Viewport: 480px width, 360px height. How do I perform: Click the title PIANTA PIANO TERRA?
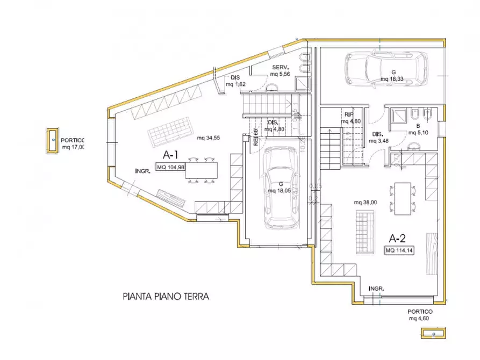[x=165, y=296]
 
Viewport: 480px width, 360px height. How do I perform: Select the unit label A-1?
[x=170, y=155]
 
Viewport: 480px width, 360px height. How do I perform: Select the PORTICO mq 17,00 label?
[x=73, y=142]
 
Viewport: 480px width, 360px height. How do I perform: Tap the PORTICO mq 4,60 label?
[x=420, y=315]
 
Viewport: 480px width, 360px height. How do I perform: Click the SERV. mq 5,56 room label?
[x=281, y=70]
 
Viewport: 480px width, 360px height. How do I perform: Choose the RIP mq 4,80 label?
[x=350, y=118]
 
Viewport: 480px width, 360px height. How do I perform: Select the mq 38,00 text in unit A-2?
[x=365, y=203]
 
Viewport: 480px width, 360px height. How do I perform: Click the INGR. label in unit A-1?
[x=142, y=171]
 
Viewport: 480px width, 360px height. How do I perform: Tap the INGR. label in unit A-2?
[x=376, y=289]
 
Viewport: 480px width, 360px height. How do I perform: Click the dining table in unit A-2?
[x=403, y=198]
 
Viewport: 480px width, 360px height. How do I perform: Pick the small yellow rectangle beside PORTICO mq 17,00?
[x=53, y=141]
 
